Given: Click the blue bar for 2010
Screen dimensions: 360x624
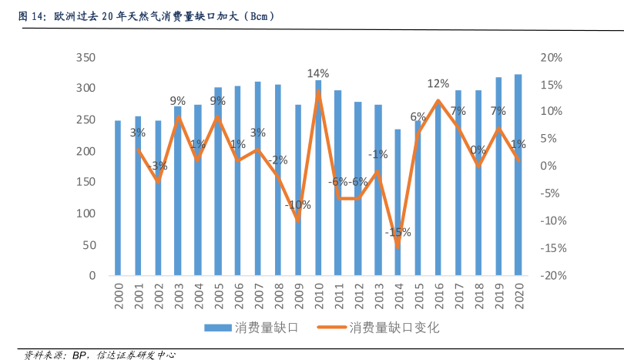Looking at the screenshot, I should click(x=318, y=177).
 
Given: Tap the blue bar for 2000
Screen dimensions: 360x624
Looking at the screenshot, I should click(x=118, y=197).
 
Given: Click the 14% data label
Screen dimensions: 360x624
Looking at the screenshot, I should click(x=317, y=73).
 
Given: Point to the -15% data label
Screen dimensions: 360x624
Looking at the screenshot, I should click(x=398, y=232).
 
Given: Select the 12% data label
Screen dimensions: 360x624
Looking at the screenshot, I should click(x=438, y=83).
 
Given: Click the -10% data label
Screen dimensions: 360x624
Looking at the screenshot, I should click(x=297, y=205).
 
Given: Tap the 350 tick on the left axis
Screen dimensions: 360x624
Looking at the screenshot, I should click(x=86, y=58).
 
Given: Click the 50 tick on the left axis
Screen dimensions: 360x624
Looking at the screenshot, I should click(x=89, y=245).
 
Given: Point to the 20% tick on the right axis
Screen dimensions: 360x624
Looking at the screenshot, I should click(x=552, y=58).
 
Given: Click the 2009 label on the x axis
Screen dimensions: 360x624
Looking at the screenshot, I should click(x=299, y=296).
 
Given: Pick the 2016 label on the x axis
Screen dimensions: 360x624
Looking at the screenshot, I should click(x=438, y=296).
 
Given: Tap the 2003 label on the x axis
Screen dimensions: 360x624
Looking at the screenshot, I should click(x=179, y=296).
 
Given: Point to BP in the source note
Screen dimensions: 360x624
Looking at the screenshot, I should click(x=80, y=355).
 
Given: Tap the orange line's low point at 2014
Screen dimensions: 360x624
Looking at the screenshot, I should click(x=398, y=247).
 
